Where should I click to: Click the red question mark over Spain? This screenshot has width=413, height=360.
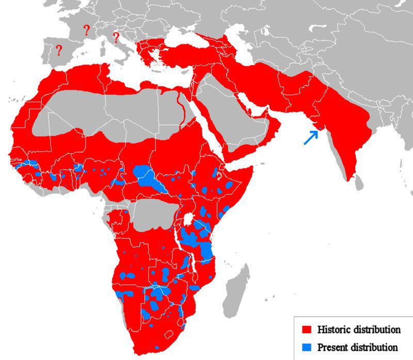(x=59, y=51)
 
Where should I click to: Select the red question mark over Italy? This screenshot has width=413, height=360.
(x=116, y=38)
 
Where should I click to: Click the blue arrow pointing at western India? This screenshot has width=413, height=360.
(x=311, y=137)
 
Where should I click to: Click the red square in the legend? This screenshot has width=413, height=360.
(x=307, y=329)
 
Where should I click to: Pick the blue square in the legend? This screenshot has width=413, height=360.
(x=307, y=347)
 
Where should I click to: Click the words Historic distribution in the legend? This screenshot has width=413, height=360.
(x=359, y=329)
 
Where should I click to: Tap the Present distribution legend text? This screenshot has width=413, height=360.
(x=358, y=347)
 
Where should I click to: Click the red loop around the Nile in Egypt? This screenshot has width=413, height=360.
(x=181, y=106)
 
